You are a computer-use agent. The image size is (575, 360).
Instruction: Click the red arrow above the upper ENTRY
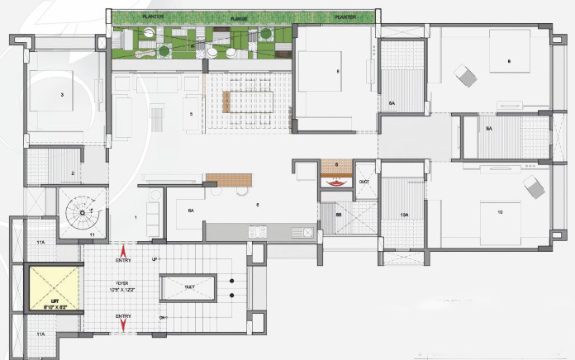pyautogui.click(x=124, y=250)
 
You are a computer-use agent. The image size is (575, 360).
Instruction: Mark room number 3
pyautogui.click(x=61, y=95)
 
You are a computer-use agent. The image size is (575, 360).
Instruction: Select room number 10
pyautogui.click(x=500, y=212)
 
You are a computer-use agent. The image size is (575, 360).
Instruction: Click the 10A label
pyautogui.click(x=404, y=215)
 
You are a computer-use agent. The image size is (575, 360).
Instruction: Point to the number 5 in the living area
pyautogui.click(x=191, y=114)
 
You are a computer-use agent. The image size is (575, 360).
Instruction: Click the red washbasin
pyautogui.click(x=336, y=183)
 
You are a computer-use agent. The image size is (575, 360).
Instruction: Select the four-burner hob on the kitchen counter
pyautogui.click(x=257, y=232)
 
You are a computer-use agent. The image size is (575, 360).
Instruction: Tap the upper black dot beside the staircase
pyautogui.click(x=232, y=279)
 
